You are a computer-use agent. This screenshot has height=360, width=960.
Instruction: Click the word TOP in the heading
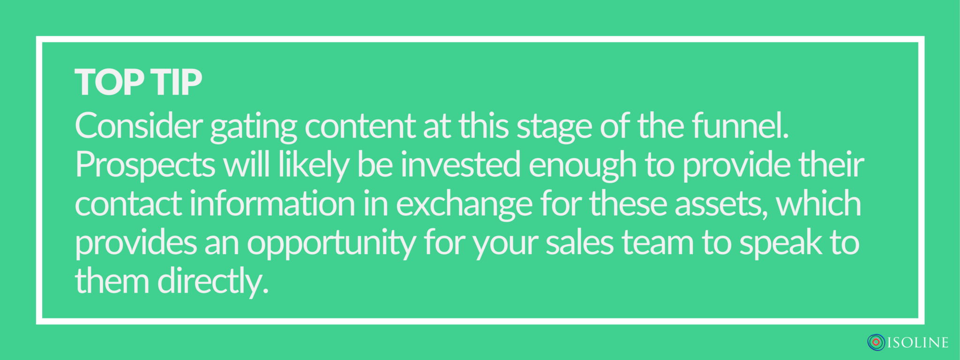pyautogui.click(x=109, y=82)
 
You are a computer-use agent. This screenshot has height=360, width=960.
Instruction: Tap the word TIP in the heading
pyautogui.click(x=177, y=82)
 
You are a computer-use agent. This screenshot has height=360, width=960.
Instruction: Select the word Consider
pyautogui.click(x=139, y=126)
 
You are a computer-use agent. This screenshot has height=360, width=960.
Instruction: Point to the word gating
pyautogui.click(x=254, y=127)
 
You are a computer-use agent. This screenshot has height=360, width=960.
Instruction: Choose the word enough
pyautogui.click(x=583, y=167)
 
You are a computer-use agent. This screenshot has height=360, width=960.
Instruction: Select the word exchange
pyautogui.click(x=464, y=205)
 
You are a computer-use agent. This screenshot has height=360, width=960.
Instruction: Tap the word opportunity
pyautogui.click(x=331, y=245)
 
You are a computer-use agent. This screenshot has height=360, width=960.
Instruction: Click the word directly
pyautogui.click(x=213, y=283)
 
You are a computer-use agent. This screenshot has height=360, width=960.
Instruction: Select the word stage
pyautogui.click(x=555, y=127)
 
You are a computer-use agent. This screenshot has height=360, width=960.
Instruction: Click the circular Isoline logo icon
pyautogui.click(x=876, y=343)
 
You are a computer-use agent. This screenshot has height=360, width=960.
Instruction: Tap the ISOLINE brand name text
pyautogui.click(x=918, y=343)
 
